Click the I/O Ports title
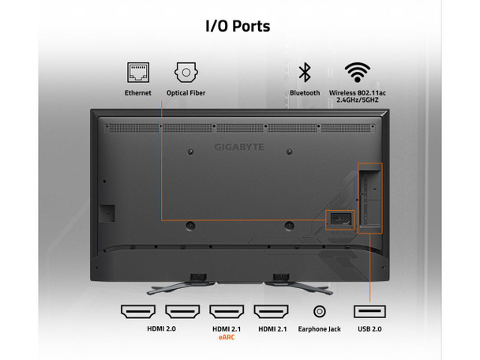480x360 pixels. pyautogui.click(x=238, y=26)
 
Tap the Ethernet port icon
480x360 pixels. pyautogui.click(x=138, y=73)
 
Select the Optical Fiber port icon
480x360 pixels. pyautogui.click(x=186, y=73)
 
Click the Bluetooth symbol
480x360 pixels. pyautogui.click(x=305, y=73)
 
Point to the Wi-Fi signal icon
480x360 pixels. pyautogui.click(x=358, y=73)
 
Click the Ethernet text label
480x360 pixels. pyautogui.click(x=137, y=92)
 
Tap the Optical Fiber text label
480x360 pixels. pyautogui.click(x=186, y=92)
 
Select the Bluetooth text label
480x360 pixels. pyautogui.click(x=305, y=92)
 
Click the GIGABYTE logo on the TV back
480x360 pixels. pyautogui.click(x=239, y=148)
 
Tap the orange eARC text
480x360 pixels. pyautogui.click(x=227, y=337)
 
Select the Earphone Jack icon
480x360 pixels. pyautogui.click(x=320, y=312)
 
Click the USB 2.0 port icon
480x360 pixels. pyautogui.click(x=369, y=312)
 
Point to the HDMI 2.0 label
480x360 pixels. pyautogui.click(x=161, y=328)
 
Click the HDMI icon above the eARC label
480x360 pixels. pyautogui.click(x=227, y=312)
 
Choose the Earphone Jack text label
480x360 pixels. pyautogui.click(x=319, y=329)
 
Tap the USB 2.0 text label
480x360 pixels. pyautogui.click(x=369, y=329)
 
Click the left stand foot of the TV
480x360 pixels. pyautogui.click(x=181, y=287)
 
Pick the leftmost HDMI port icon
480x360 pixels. pyautogui.click(x=138, y=312)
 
